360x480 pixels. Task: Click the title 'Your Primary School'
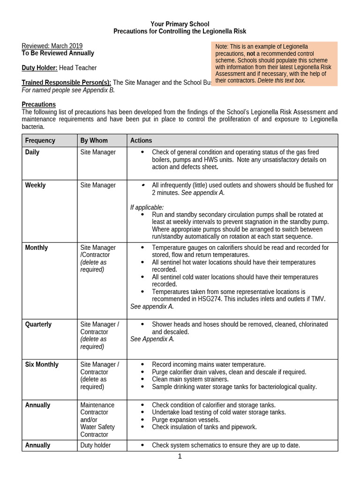tap(180, 24)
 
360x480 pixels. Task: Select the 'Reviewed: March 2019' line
tap(52, 46)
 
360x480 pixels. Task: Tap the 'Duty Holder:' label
tap(40, 68)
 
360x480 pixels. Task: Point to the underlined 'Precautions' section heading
tap(39, 105)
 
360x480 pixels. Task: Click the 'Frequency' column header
tap(40, 141)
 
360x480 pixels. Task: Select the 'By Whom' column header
tap(94, 141)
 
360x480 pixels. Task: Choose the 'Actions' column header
tap(141, 141)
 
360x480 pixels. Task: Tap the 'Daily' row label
tap(32, 152)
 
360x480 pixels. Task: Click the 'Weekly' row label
tap(35, 185)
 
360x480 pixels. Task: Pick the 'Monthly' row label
tap(36, 247)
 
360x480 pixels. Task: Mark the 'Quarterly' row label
tap(38, 324)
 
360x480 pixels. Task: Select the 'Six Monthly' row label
tap(42, 365)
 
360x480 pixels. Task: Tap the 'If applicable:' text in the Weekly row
tap(147, 207)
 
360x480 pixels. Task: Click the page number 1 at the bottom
tap(180, 457)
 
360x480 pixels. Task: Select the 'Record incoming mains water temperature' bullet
tap(209, 365)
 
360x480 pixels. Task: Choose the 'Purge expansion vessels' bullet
tap(186, 420)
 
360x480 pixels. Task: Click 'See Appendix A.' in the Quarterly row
tap(152, 339)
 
